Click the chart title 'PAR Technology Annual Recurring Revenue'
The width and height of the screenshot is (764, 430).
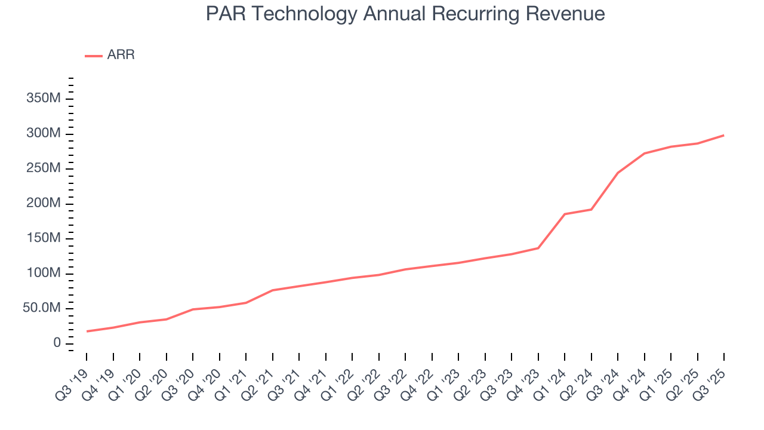pyautogui.click(x=405, y=14)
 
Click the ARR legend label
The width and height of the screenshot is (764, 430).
pyautogui.click(x=121, y=56)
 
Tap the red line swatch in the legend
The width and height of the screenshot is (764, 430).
pyautogui.click(x=94, y=56)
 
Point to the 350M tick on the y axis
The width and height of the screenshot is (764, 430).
pyautogui.click(x=44, y=99)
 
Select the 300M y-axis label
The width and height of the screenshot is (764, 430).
pyautogui.click(x=44, y=133)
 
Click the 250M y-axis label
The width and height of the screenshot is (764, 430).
pyautogui.click(x=44, y=168)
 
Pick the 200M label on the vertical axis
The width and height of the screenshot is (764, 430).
pyautogui.click(x=44, y=204)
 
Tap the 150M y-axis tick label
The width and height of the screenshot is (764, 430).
pyautogui.click(x=44, y=238)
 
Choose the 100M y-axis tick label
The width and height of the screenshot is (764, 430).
pyautogui.click(x=44, y=274)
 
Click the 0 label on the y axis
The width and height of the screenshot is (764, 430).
pyautogui.click(x=57, y=343)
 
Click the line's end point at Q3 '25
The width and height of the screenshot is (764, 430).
pyautogui.click(x=724, y=135)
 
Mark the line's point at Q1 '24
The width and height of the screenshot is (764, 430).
pyautogui.click(x=565, y=214)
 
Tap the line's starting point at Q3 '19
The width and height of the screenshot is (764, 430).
pyautogui.click(x=87, y=331)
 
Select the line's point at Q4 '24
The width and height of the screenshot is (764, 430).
pyautogui.click(x=645, y=153)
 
